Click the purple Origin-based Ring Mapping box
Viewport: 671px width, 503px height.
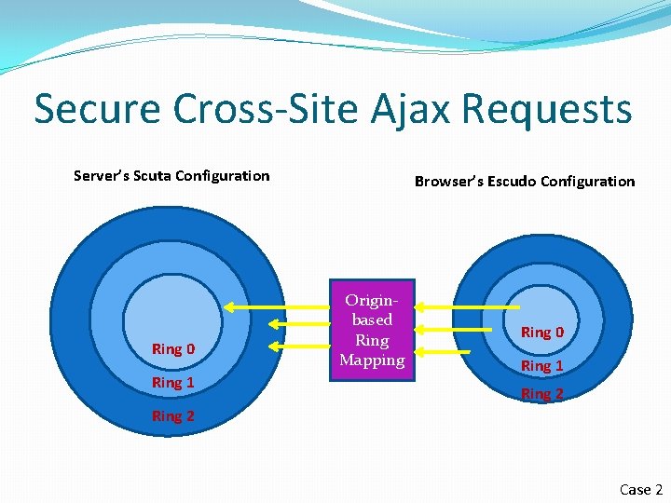coord(372,330)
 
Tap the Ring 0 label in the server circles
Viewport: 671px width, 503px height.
coord(173,348)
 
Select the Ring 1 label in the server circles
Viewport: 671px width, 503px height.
coord(173,382)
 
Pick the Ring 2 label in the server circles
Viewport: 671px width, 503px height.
coord(173,415)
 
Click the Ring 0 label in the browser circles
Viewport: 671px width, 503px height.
coord(542,332)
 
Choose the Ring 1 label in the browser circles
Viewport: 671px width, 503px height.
coord(542,365)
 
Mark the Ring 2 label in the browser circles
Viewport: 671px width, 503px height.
coord(542,393)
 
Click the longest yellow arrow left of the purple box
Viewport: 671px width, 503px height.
coord(277,307)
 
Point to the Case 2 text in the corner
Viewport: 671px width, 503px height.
coord(641,489)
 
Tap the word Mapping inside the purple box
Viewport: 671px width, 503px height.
coord(372,360)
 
